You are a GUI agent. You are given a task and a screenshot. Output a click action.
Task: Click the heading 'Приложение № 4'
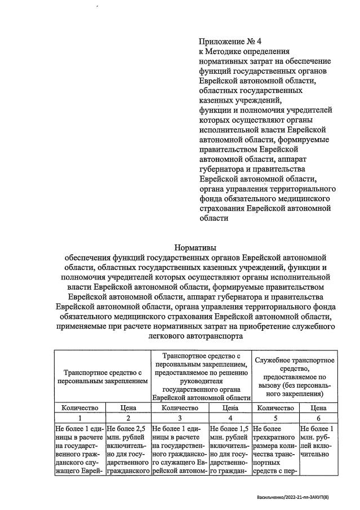(230, 41)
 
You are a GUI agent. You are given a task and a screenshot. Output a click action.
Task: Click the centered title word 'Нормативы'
(195, 247)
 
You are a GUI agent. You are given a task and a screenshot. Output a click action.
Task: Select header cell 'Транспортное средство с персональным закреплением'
(102, 376)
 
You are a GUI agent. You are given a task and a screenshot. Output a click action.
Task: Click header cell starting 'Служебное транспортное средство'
(295, 376)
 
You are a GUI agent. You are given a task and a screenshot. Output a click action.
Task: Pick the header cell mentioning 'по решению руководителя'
(201, 376)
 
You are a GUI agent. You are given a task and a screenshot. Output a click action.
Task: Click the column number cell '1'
(79, 418)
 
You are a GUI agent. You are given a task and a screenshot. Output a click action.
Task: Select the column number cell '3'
(179, 418)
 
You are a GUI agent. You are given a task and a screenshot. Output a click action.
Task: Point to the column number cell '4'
(229, 418)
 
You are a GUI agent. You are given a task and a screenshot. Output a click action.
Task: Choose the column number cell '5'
(275, 418)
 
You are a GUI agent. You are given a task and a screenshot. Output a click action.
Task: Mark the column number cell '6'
(318, 418)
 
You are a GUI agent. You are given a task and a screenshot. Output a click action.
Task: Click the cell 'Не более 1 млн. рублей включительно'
(318, 444)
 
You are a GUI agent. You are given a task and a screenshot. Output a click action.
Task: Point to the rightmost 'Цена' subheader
(318, 408)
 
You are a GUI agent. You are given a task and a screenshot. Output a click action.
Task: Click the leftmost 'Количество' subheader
(79, 408)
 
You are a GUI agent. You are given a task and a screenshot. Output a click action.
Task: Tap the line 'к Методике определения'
(243, 51)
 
